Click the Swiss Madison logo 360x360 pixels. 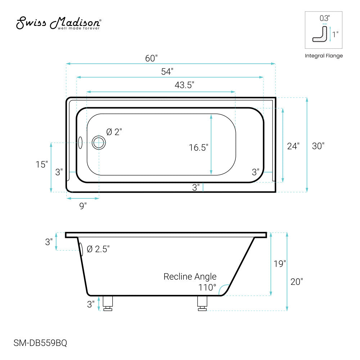[x=59, y=23]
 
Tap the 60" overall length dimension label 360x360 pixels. [x=151, y=58]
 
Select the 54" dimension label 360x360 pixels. [x=167, y=72]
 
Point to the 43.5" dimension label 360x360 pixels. [x=184, y=85]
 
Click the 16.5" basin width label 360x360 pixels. [x=198, y=147]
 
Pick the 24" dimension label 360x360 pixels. [x=293, y=146]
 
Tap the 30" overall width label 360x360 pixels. [x=318, y=146]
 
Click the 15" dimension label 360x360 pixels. [x=41, y=165]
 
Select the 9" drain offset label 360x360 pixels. [x=83, y=206]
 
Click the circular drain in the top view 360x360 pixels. [x=99, y=143]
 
